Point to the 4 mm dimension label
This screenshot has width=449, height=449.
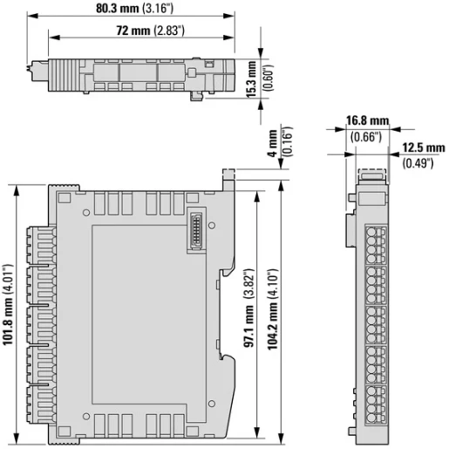pos(271,140)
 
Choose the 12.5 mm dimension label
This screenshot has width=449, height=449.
pos(420,148)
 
